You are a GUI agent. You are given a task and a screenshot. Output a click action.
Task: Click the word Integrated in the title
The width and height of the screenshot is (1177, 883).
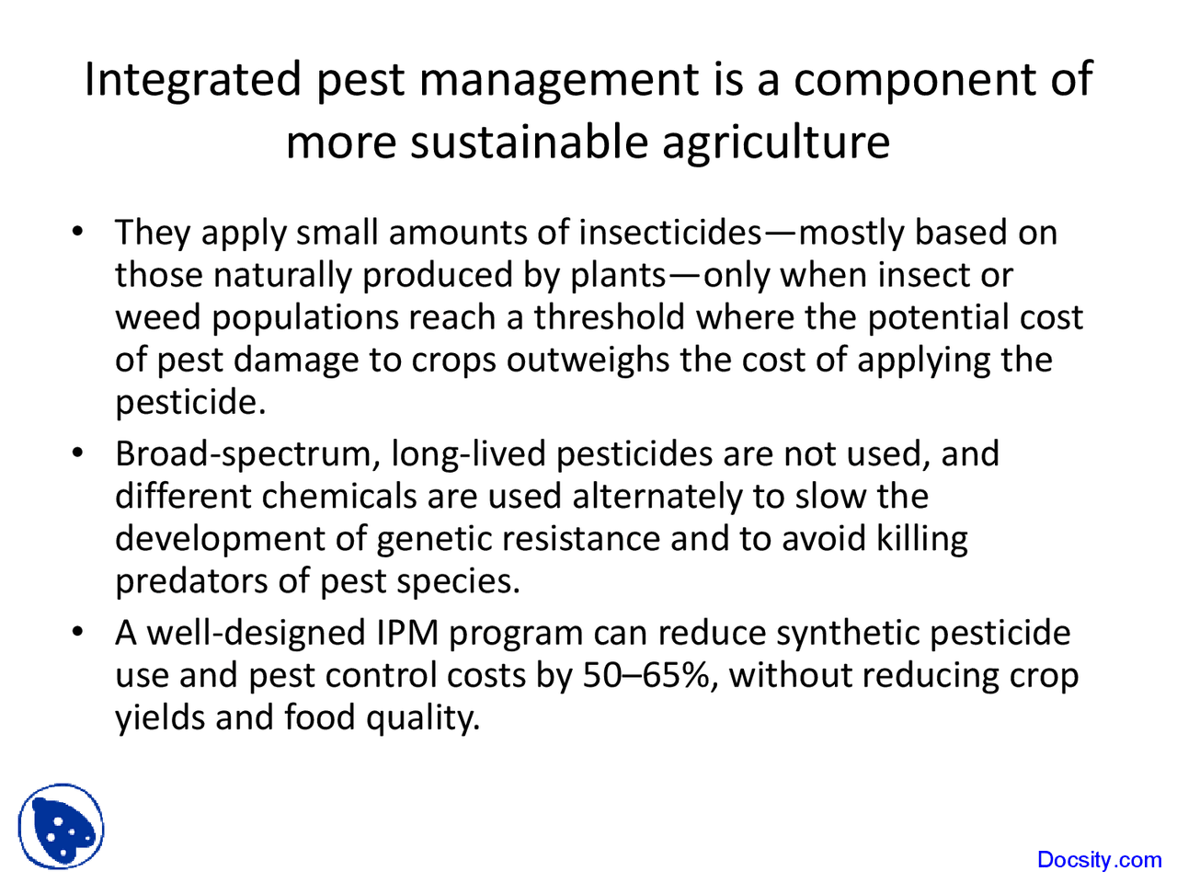pos(192,80)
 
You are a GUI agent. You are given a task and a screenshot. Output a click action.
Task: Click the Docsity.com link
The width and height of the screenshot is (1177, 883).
pos(1099,860)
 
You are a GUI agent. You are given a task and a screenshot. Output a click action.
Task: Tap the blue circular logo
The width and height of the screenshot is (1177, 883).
pos(61,826)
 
